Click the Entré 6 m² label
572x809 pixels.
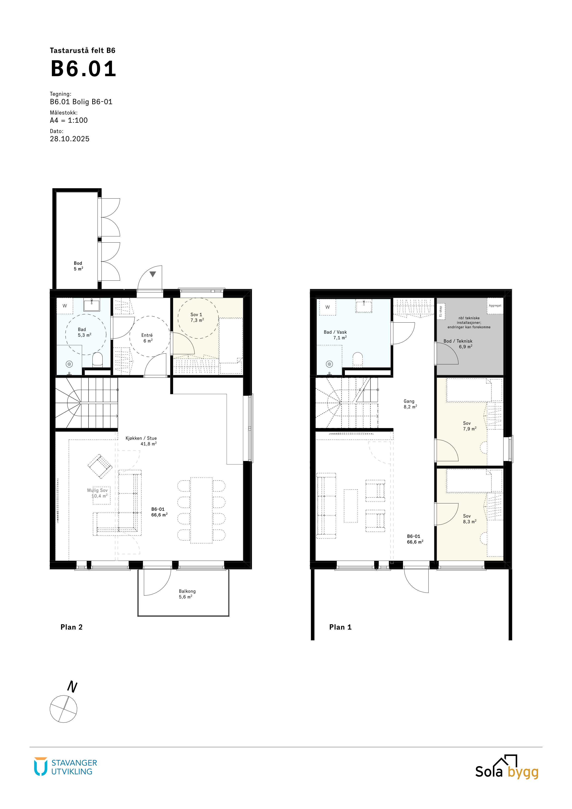click(x=147, y=338)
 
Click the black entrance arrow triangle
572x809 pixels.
click(x=152, y=274)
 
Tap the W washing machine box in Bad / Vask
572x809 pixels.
click(x=328, y=307)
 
